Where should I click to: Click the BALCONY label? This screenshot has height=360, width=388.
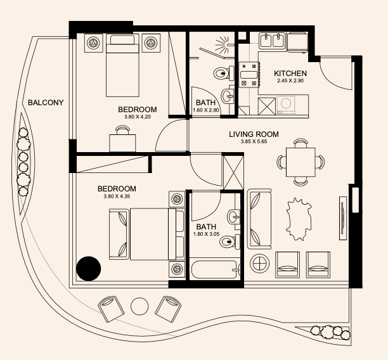pyautogui.click(x=46, y=103)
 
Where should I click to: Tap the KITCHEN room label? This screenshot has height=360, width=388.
pyautogui.click(x=290, y=74)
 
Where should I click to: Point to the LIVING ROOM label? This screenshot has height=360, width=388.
pyautogui.click(x=254, y=134)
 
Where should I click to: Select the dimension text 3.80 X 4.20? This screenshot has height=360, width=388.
pyautogui.click(x=138, y=117)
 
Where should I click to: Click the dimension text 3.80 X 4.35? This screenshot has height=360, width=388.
pyautogui.click(x=117, y=196)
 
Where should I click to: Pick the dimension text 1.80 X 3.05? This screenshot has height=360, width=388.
pyautogui.click(x=206, y=234)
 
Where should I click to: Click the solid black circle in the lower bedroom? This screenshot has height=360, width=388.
pyautogui.click(x=88, y=269)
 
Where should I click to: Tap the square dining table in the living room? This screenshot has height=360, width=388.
pyautogui.click(x=301, y=162)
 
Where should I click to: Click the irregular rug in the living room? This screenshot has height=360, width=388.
pyautogui.click(x=299, y=219)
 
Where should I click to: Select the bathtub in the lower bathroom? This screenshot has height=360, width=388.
pyautogui.click(x=216, y=269)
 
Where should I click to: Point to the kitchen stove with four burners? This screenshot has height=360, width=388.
pyautogui.click(x=249, y=75)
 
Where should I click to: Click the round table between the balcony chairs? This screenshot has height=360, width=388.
pyautogui.click(x=139, y=306)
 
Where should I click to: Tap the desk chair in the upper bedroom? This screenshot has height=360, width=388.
pyautogui.click(x=123, y=130)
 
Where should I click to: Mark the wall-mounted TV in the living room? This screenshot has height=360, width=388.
pyautogui.click(x=343, y=218)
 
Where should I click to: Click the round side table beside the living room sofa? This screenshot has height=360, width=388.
pyautogui.click(x=259, y=264)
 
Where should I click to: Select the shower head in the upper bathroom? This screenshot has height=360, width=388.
pyautogui.click(x=224, y=45)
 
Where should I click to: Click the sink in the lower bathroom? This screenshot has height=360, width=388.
pyautogui.click(x=233, y=217)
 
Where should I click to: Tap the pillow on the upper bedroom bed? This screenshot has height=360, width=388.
pyautogui.click(x=122, y=40)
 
